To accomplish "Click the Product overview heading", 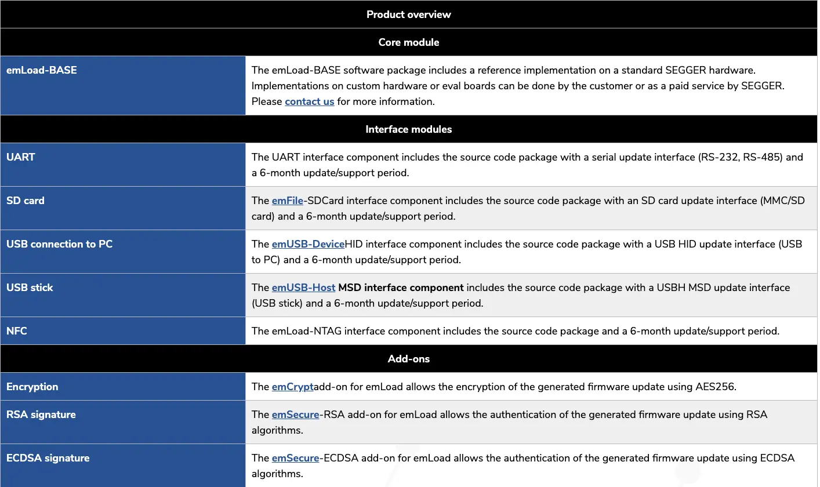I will (x=408, y=14).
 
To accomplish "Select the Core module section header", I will (x=408, y=42).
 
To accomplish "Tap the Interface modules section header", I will (x=408, y=129).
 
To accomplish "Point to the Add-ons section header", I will (x=408, y=359).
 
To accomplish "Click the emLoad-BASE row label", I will (x=42, y=70).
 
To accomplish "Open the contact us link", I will (x=309, y=101).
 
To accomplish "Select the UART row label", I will (x=21, y=157).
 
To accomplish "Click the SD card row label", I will (x=26, y=201).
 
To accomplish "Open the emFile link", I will (x=287, y=201).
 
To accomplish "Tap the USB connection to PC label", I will (x=59, y=244).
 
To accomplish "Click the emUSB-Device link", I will (x=308, y=244).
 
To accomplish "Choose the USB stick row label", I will (x=30, y=288).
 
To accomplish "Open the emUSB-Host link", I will (x=303, y=288).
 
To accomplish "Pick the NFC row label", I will (x=17, y=331).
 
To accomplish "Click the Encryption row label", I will (x=32, y=387).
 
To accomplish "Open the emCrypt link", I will (x=292, y=387).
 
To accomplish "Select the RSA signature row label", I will (x=41, y=415).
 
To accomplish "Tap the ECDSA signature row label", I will (x=48, y=458).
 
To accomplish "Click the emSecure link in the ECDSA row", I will (x=295, y=458).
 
